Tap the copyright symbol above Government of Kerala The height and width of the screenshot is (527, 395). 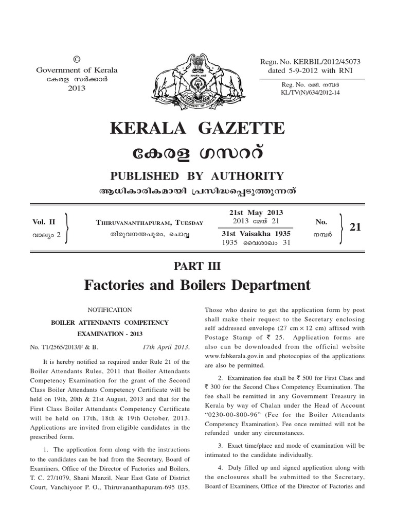click(x=77, y=61)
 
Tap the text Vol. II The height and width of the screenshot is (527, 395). click(x=44, y=222)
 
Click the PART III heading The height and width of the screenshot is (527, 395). click(x=197, y=266)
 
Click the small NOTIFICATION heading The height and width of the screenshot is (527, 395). click(x=111, y=310)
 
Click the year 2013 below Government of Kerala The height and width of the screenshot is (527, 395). click(x=76, y=88)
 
